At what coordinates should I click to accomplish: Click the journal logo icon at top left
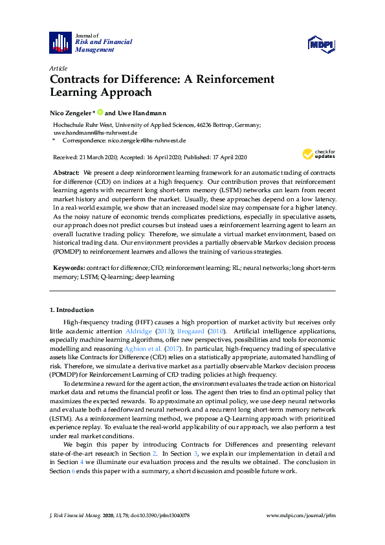61,42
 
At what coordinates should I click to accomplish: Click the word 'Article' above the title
58,68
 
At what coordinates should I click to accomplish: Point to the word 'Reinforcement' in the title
234,79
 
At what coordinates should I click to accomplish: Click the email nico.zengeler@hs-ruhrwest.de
147,140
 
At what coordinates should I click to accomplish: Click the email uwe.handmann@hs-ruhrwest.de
94,132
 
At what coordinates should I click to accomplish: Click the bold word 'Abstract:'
67,174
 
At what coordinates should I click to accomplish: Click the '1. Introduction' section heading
71,310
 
